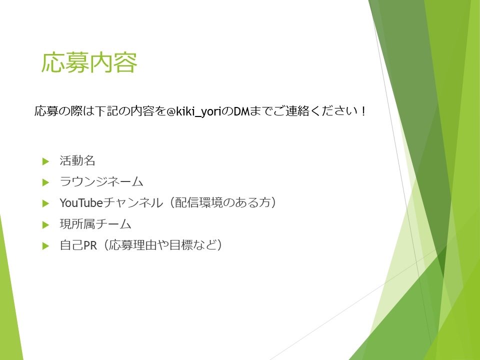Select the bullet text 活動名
[x=77, y=161]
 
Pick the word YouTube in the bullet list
[x=80, y=203]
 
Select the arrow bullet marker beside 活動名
[x=46, y=161]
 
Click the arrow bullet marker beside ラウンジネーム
[x=46, y=182]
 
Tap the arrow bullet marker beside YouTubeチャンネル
[x=46, y=203]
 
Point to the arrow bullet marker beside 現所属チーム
[x=46, y=225]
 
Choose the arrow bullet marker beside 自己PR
[x=46, y=246]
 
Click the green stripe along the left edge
[x=10, y=300]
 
